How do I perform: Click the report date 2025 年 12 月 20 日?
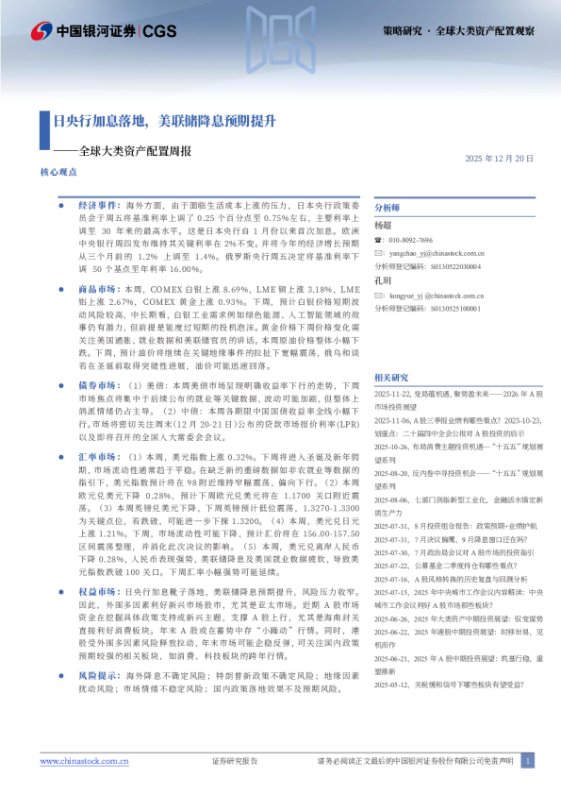point(501,158)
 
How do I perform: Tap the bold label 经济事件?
point(97,205)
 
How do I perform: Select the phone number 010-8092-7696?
point(410,241)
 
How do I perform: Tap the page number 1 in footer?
point(527,760)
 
